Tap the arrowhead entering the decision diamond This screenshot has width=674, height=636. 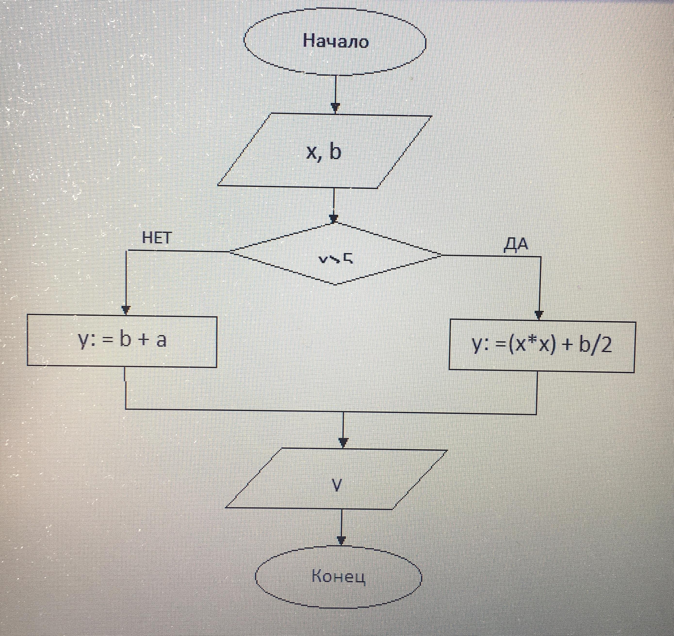coord(334,218)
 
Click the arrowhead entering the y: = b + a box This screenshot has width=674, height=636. coord(126,310)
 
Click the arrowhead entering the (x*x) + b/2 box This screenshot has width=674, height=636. coord(539,315)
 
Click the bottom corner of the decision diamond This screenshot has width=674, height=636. coord(336,284)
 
